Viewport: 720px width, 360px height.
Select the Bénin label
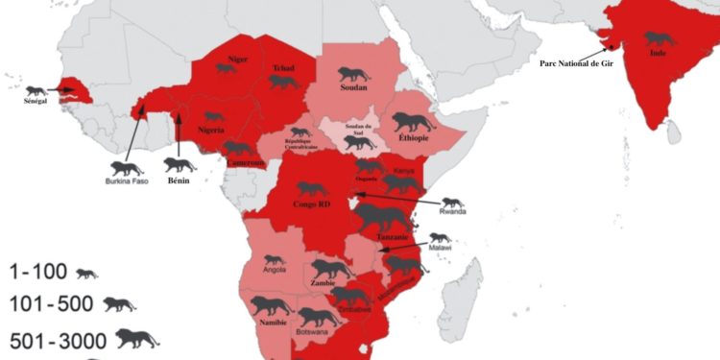180,180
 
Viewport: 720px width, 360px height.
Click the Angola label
275,271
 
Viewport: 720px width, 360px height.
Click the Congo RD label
311,204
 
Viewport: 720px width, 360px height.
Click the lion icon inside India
659,39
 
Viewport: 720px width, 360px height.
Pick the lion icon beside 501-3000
136,338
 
